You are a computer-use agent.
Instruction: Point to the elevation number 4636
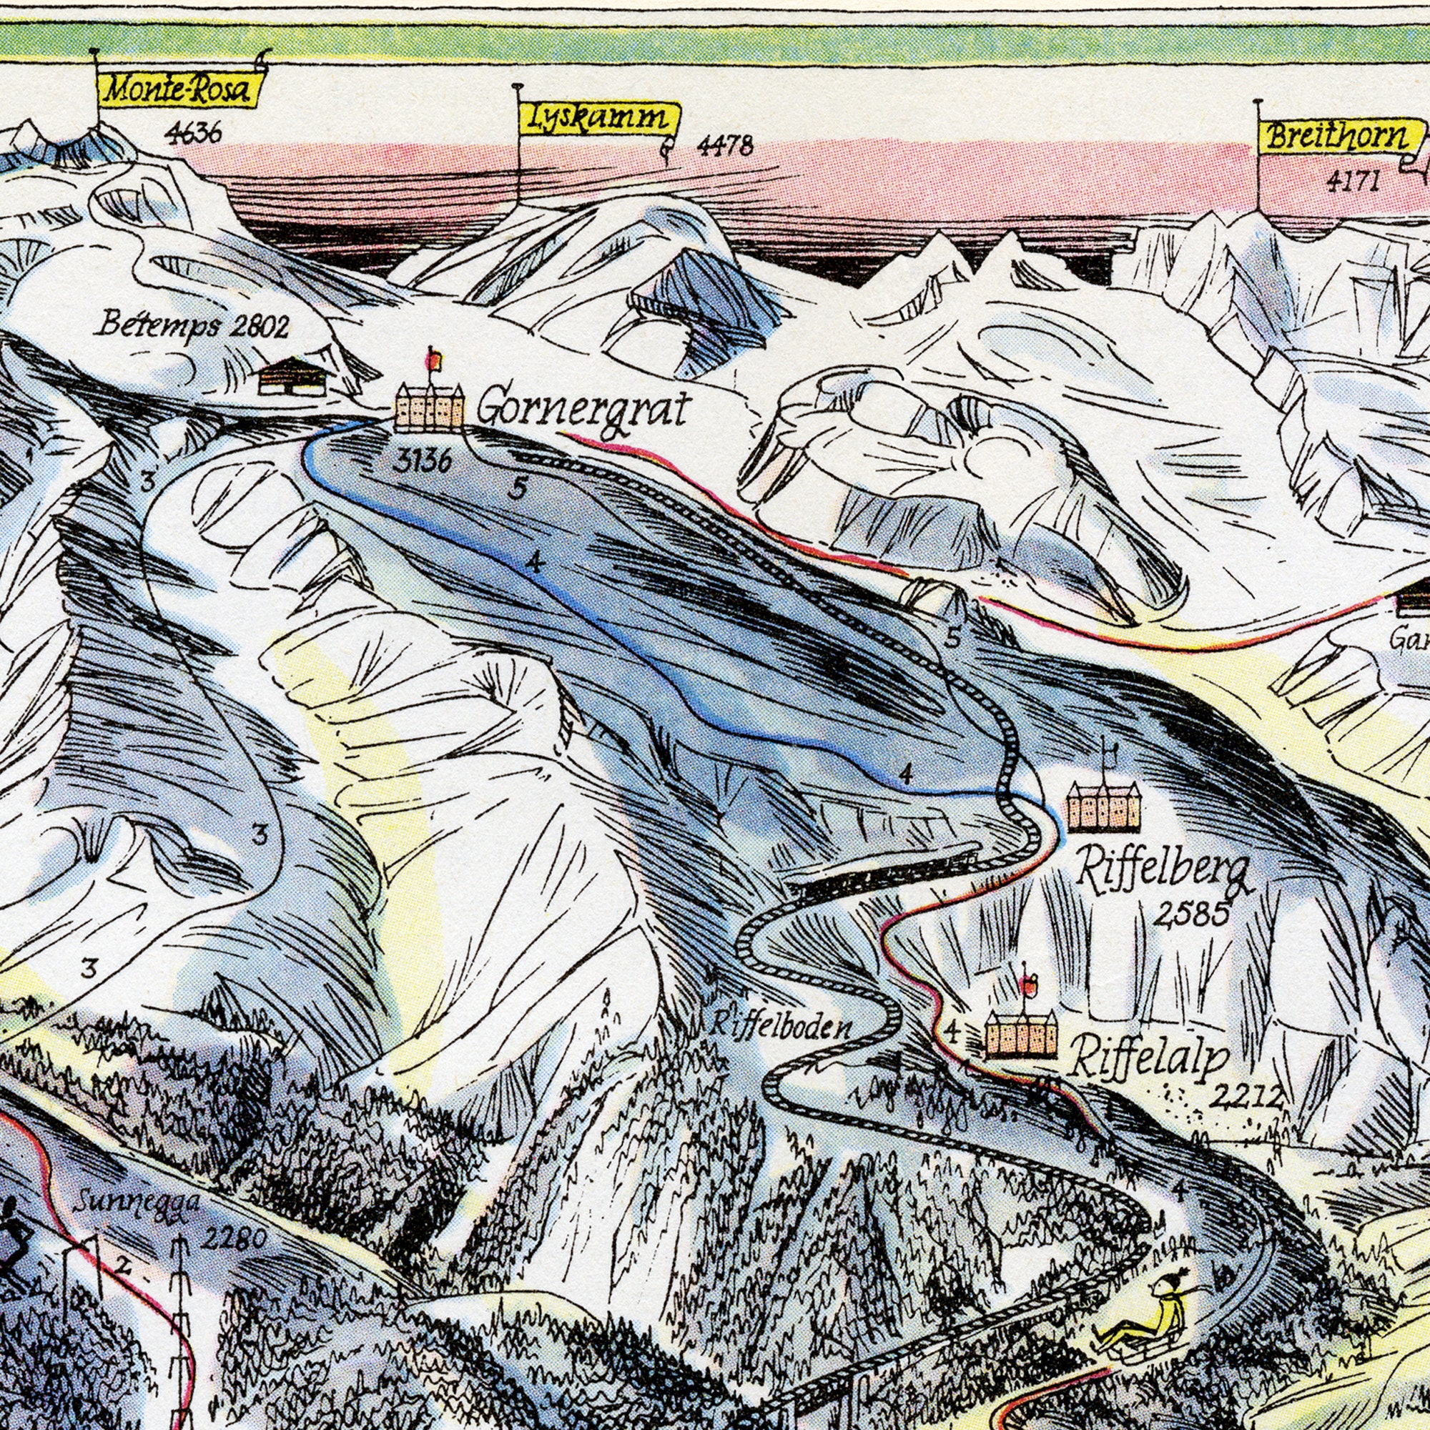[x=192, y=133]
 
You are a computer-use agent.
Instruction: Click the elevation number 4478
[x=724, y=146]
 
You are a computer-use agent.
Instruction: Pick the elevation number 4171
[x=1352, y=181]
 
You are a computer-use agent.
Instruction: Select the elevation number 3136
[x=421, y=462]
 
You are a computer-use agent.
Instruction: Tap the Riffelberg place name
[x=1163, y=869]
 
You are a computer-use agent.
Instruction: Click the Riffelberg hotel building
[x=1103, y=807]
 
